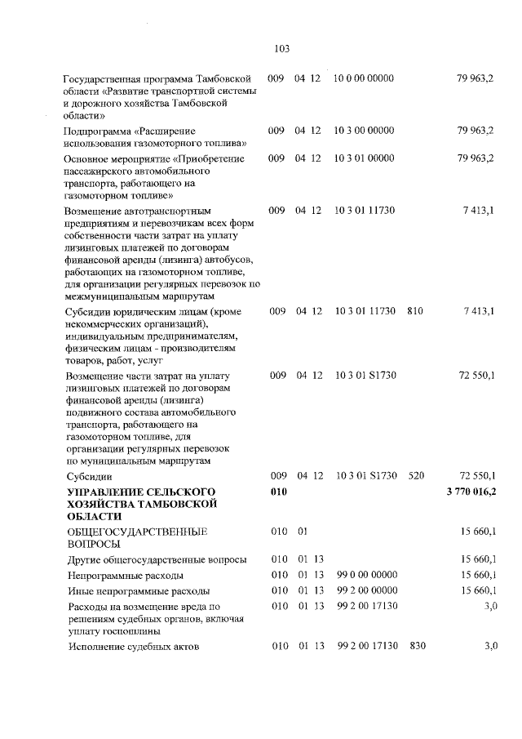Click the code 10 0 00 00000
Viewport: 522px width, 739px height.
pyautogui.click(x=364, y=78)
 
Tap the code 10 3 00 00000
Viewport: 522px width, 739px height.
pyautogui.click(x=364, y=131)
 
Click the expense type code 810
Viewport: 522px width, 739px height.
pyautogui.click(x=415, y=312)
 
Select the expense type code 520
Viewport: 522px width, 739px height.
pyautogui.click(x=415, y=475)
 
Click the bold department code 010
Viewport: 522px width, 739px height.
pyautogui.click(x=279, y=491)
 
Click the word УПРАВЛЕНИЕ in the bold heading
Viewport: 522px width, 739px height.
pyautogui.click(x=106, y=491)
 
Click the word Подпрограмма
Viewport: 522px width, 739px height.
pyautogui.click(x=97, y=131)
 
